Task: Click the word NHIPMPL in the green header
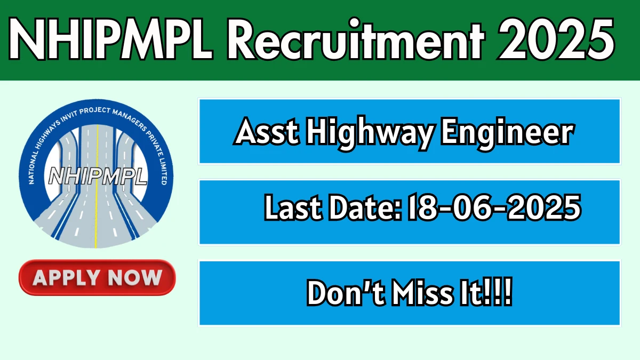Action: (111, 39)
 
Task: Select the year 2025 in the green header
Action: (556, 39)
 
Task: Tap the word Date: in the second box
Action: (365, 207)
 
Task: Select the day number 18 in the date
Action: (421, 207)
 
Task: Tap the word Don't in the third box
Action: (345, 293)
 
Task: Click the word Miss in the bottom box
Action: (422, 293)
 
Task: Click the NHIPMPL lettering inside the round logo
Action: (98, 175)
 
